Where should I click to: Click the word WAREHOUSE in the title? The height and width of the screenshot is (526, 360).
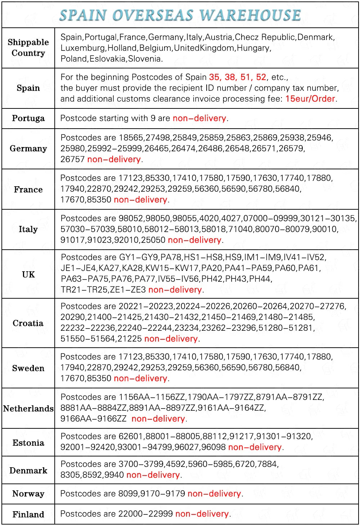pos(250,15)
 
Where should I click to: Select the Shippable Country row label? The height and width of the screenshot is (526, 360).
pos(28,48)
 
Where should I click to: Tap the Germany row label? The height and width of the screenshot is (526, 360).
pos(28,148)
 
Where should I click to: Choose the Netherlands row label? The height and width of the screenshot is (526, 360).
pos(28,408)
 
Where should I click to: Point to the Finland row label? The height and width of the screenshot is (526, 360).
pos(28,514)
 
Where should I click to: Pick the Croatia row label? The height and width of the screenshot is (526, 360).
pos(28,323)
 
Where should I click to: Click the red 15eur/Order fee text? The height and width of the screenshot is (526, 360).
pos(310,99)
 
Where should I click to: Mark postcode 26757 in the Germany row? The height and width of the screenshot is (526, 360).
pos(72,159)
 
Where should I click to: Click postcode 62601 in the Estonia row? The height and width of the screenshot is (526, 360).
pos(131,436)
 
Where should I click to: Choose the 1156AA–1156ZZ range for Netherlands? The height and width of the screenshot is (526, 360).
pos(152,397)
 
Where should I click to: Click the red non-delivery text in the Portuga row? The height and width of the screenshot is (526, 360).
pos(199,118)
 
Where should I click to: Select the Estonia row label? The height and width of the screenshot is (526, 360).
pos(28,442)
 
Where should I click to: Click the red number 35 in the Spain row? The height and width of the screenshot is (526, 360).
pos(215,77)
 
